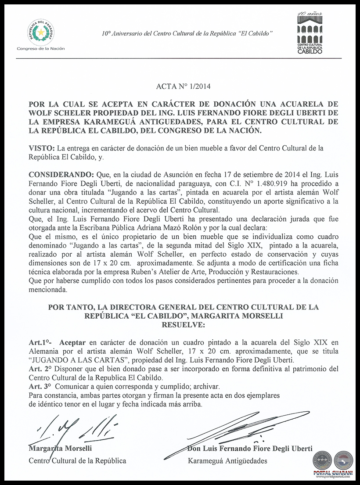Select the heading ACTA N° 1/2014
183,86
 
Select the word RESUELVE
183,325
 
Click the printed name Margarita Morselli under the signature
60,449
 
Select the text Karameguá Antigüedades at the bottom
227,461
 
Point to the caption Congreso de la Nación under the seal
40,48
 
